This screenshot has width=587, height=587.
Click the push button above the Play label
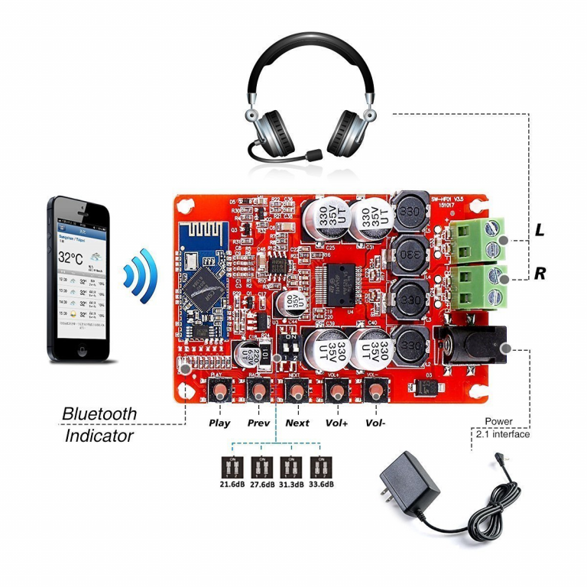click(220, 392)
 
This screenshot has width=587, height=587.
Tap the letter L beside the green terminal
click(540, 230)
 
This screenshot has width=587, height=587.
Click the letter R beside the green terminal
click(540, 273)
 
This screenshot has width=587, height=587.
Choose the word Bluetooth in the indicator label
click(99, 413)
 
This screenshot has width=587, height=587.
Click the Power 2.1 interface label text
click(502, 428)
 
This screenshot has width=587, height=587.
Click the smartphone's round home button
click(82, 352)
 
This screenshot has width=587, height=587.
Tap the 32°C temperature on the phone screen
click(71, 258)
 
